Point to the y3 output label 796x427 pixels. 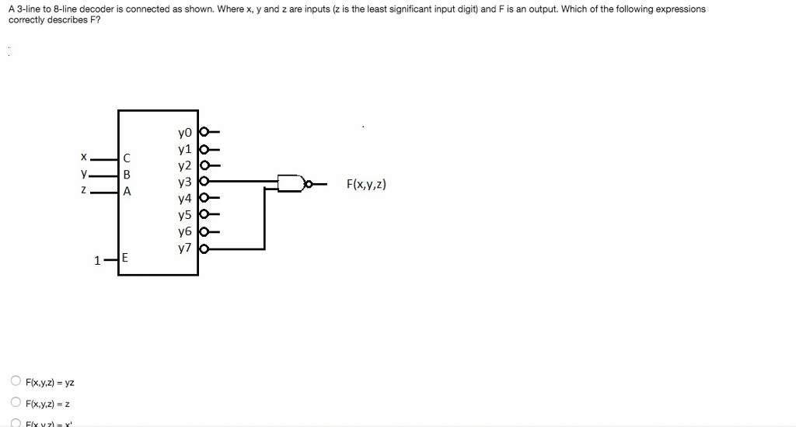tap(184, 182)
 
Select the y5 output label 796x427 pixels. tap(184, 215)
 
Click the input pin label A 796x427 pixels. tap(127, 191)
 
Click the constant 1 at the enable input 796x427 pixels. tap(97, 261)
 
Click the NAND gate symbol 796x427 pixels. tap(292, 184)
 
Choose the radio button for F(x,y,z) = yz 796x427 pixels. tap(16, 382)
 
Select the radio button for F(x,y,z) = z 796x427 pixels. tap(16, 403)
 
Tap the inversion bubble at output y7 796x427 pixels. tap(205, 249)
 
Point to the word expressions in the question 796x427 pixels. tap(680, 9)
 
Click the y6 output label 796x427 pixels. tap(184, 232)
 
